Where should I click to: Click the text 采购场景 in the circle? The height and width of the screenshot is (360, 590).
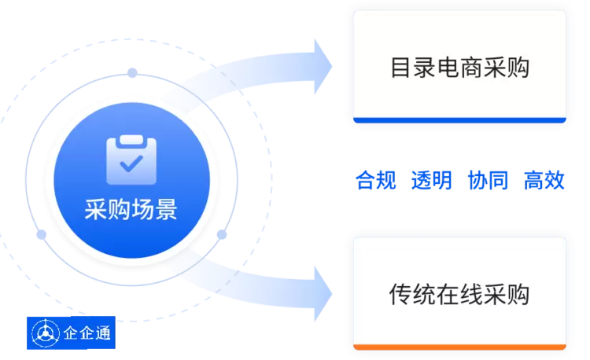(131, 210)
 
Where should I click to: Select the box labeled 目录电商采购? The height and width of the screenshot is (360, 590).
(459, 68)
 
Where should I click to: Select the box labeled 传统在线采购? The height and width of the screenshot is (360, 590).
(459, 294)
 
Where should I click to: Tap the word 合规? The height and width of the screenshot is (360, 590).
(374, 181)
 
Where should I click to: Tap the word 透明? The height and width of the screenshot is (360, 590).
(431, 181)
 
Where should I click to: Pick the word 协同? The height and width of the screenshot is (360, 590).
(488, 181)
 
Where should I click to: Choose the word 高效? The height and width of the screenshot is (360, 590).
(544, 181)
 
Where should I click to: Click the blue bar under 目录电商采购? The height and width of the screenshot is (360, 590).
(459, 120)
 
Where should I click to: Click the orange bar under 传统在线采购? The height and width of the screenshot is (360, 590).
(459, 347)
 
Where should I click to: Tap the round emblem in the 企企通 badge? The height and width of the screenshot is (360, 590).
(44, 334)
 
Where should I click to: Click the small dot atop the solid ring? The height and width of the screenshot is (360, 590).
(132, 73)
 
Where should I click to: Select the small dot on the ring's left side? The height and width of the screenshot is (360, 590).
(41, 234)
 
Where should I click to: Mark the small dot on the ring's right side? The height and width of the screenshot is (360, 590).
(222, 234)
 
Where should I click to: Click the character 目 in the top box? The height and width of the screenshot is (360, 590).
(400, 68)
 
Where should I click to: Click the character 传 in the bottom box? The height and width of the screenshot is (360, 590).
(400, 294)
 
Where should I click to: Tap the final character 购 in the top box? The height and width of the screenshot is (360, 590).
(518, 68)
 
